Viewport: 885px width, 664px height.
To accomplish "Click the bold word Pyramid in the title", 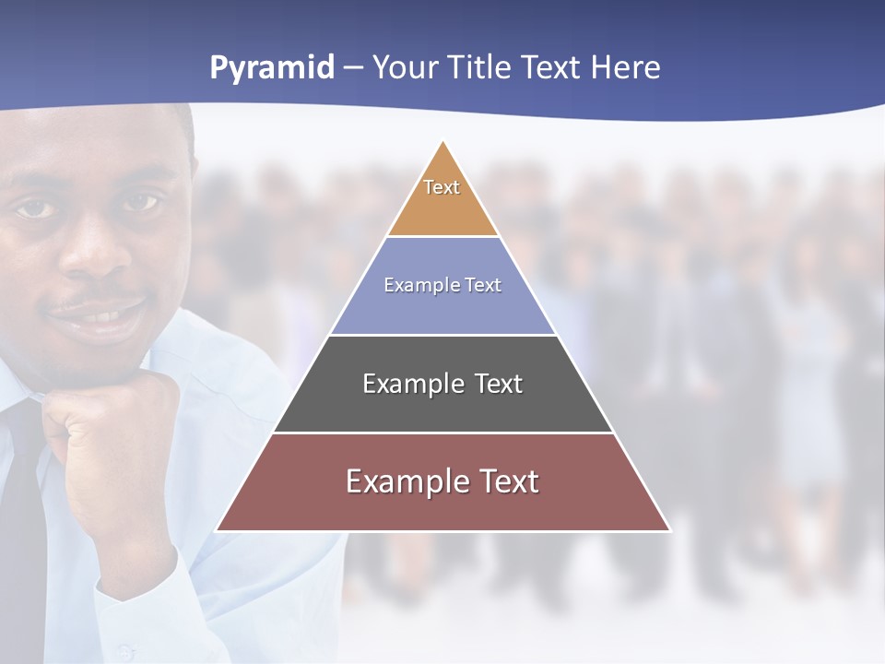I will [272, 68].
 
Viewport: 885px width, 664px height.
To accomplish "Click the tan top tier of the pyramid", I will [442, 207].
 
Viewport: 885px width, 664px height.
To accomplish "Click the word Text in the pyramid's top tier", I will [442, 187].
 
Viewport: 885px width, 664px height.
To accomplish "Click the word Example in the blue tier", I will [415, 285].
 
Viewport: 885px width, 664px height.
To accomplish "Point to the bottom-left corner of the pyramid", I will [217, 530].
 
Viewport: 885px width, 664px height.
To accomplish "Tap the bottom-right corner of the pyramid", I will [670, 530].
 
